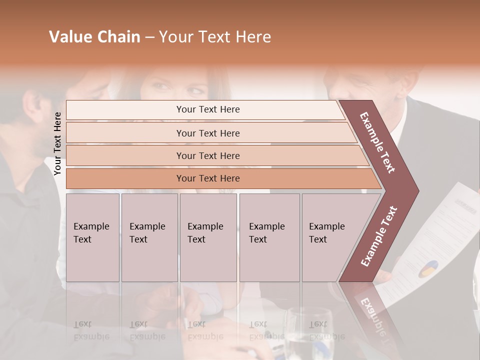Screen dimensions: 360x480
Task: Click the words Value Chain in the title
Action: pos(94,37)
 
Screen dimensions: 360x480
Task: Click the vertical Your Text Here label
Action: pos(57,143)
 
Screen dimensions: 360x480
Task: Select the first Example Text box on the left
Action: pos(92,237)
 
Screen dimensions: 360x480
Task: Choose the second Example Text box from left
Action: pos(149,237)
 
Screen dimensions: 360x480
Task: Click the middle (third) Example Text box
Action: pos(208,237)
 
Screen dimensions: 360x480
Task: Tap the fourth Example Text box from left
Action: pos(269,237)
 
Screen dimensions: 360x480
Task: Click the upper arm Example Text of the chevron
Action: pos(377,142)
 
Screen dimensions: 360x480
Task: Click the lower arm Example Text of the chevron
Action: pos(378,236)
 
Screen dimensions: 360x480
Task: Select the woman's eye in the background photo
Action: pos(161,86)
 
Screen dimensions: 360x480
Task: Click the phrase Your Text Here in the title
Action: pos(215,37)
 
